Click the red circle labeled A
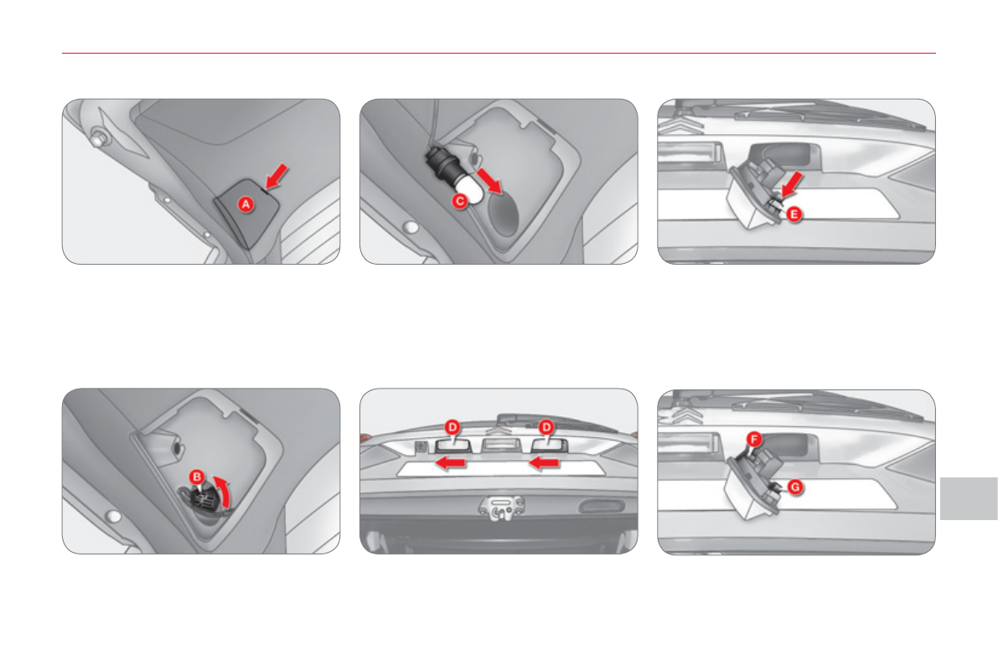(x=246, y=204)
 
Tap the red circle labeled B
(x=197, y=477)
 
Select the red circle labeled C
(x=459, y=201)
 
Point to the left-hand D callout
(x=452, y=427)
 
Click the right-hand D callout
(x=546, y=427)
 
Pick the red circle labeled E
(x=794, y=214)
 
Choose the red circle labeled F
(x=754, y=439)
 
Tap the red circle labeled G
(x=795, y=487)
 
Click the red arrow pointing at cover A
(x=277, y=176)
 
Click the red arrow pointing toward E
(x=791, y=184)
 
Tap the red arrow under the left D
(x=450, y=463)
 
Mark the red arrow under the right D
(x=544, y=463)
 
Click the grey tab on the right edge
(x=969, y=498)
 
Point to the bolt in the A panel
(x=99, y=137)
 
